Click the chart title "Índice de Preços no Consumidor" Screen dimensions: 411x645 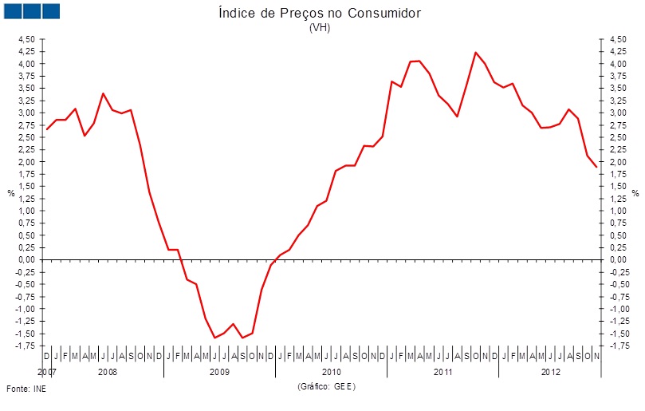[x=319, y=14]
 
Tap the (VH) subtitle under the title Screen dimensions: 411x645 [x=319, y=27]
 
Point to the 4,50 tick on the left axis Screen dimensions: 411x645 [x=26, y=39]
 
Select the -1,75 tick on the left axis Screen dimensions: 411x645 [x=25, y=346]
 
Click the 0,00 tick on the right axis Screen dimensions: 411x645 [x=618, y=260]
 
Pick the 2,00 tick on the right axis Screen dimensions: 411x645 [x=618, y=162]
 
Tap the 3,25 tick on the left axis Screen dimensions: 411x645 [x=26, y=101]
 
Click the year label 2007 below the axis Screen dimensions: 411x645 [x=46, y=372]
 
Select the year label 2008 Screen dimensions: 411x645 [x=108, y=372]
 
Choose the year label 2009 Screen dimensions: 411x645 [x=219, y=372]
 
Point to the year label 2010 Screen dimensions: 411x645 [x=331, y=372]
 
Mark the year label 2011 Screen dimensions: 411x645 [x=442, y=372]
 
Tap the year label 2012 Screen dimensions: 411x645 [x=550, y=372]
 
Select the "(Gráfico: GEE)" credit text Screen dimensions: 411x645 [x=326, y=386]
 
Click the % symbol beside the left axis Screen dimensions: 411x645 [x=10, y=193]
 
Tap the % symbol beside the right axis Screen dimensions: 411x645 [x=635, y=193]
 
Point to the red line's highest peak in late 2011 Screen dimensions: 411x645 [x=476, y=53]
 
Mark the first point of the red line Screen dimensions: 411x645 [x=47, y=129]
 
